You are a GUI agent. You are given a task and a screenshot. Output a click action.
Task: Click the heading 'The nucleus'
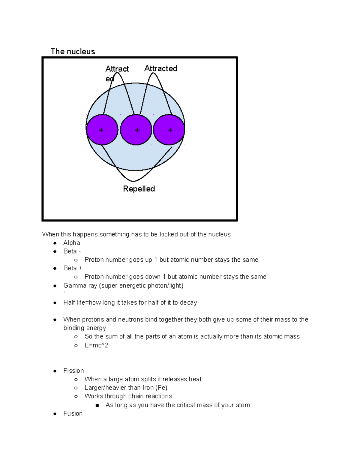point(73,52)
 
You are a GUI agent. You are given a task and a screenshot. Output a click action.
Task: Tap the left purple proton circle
point(102,130)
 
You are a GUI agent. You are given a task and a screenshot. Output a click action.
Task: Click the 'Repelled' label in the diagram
point(139,189)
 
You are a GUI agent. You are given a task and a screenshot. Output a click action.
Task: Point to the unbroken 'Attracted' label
point(161,68)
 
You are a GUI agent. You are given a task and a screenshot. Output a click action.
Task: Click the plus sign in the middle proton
point(137,130)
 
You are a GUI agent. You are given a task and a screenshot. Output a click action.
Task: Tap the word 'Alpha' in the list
point(71,243)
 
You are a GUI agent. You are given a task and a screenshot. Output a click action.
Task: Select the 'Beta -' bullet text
point(72,251)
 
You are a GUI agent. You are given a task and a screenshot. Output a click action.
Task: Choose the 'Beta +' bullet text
point(73,268)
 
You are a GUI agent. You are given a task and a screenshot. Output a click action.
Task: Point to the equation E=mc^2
point(96,345)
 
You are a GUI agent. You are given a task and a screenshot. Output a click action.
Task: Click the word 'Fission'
point(73,371)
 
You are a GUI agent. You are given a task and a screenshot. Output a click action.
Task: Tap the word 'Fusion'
point(73,413)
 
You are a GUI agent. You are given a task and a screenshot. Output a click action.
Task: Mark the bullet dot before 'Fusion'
point(55,414)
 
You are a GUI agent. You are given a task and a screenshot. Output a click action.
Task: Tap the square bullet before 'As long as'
point(97,405)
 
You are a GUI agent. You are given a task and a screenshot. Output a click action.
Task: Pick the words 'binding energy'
point(85,328)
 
